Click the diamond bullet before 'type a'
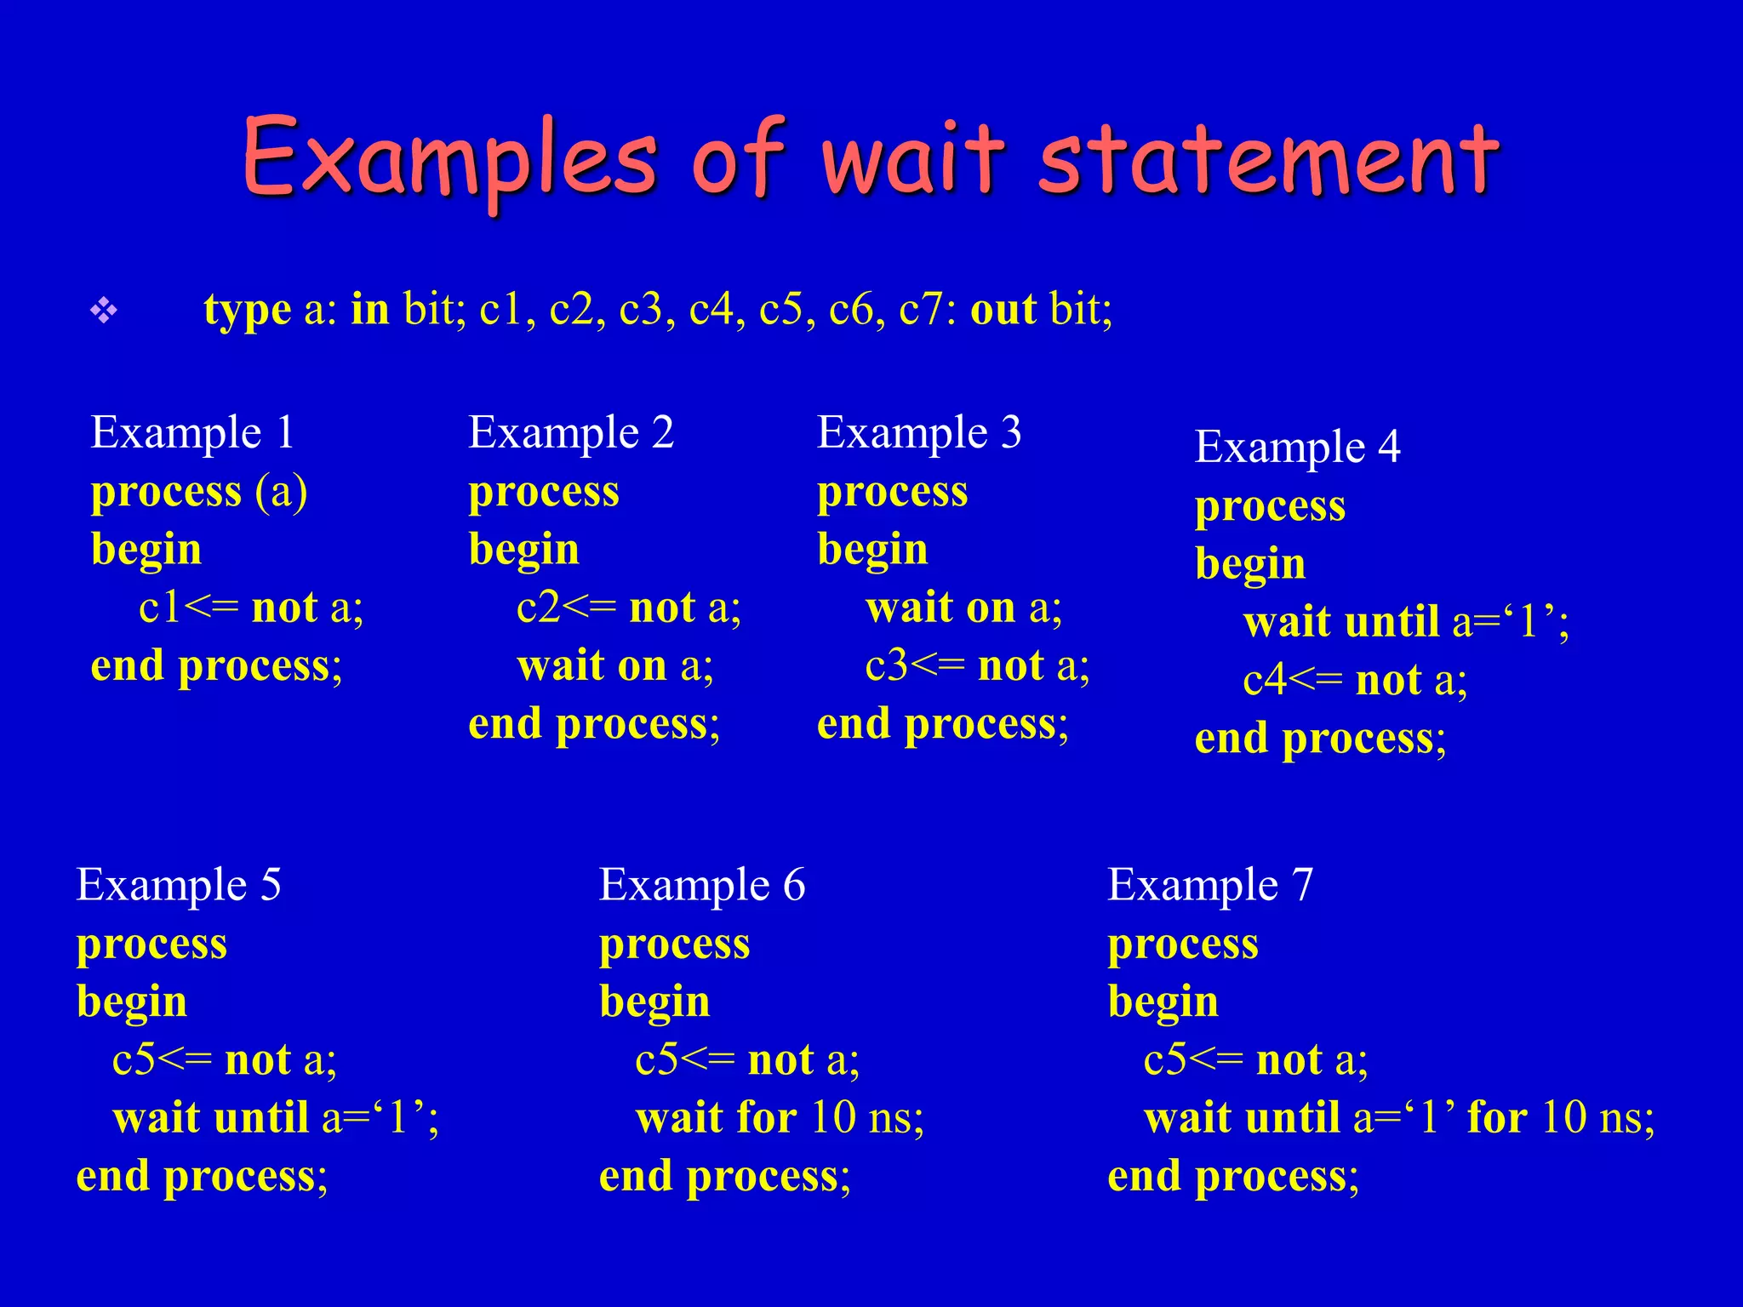(x=104, y=311)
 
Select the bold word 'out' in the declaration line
(x=1003, y=310)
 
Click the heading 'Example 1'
(x=192, y=432)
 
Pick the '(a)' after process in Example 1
(x=281, y=492)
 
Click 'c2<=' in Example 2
(x=565, y=608)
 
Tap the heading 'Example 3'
(x=919, y=432)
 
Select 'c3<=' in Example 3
(x=914, y=666)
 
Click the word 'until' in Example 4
(x=1392, y=622)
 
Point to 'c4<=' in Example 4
(x=1292, y=681)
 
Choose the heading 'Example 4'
(x=1297, y=447)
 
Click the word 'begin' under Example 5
(x=132, y=1002)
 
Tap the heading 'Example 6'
(x=701, y=885)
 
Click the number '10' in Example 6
(x=832, y=1117)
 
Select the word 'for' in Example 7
(x=1496, y=1117)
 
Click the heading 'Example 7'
(x=1209, y=885)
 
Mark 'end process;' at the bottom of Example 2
(x=594, y=724)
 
